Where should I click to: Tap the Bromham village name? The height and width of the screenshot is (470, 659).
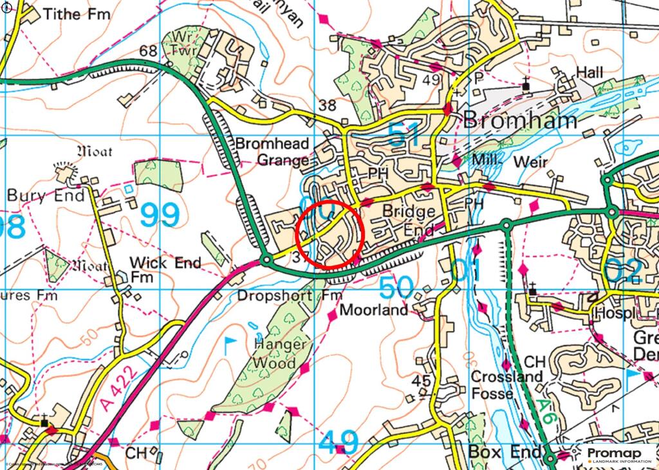pos(520,120)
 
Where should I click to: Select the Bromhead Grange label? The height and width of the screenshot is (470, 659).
pos(272,152)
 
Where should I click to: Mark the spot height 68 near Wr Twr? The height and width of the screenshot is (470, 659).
pos(148,50)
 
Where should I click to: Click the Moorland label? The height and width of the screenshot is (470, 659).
pos(374,310)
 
